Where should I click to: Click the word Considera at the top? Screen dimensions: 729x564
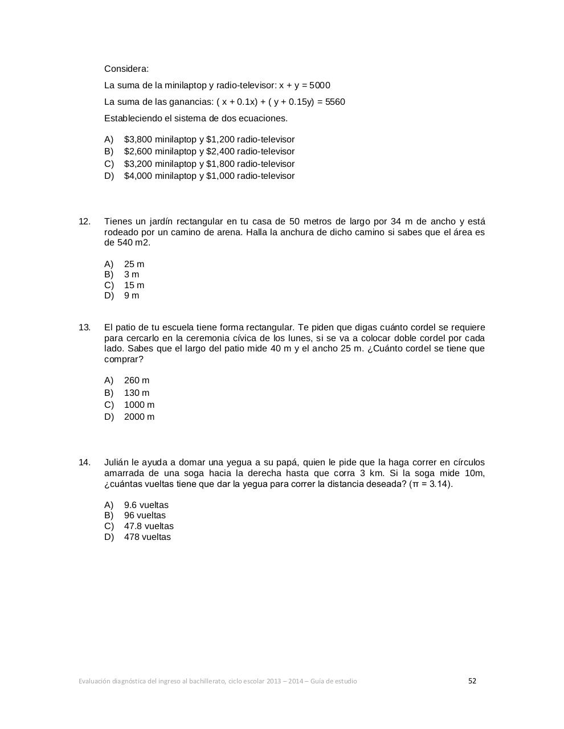(x=126, y=69)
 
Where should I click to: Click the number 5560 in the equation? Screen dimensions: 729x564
(x=335, y=102)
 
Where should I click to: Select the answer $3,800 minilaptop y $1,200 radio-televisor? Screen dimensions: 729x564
(x=209, y=140)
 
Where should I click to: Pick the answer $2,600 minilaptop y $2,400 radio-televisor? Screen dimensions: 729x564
(x=209, y=151)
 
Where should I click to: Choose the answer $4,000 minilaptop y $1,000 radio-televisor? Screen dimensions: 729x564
(x=209, y=176)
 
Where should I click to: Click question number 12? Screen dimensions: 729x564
(x=84, y=222)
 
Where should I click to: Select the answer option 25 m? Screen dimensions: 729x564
(x=134, y=264)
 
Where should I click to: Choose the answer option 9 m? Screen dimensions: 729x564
(x=132, y=296)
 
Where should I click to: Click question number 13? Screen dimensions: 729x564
(x=84, y=327)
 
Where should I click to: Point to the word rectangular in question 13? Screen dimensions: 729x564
(x=269, y=327)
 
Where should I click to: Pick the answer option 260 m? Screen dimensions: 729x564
(x=137, y=380)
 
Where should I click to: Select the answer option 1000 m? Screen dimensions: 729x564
(x=139, y=405)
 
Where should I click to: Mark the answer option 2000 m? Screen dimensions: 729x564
(x=139, y=417)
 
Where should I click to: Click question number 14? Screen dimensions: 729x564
(x=84, y=462)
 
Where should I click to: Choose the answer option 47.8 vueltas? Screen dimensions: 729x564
(x=149, y=526)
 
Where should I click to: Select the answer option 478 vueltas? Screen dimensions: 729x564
(x=147, y=537)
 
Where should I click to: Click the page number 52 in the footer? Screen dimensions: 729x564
(x=472, y=681)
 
